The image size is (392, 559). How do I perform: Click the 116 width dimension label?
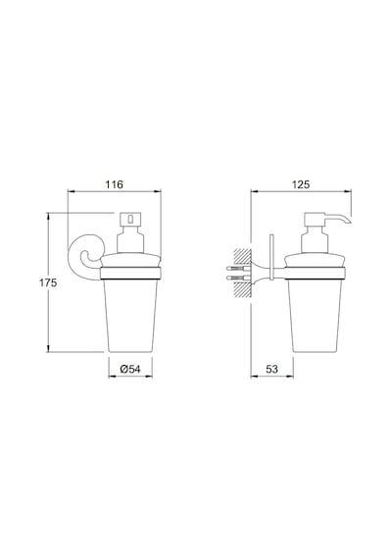[114, 184]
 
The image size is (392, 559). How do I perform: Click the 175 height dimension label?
[48, 282]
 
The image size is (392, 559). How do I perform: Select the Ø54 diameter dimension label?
[130, 369]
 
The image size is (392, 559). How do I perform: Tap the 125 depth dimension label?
[301, 184]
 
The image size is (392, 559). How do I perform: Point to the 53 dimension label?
[271, 369]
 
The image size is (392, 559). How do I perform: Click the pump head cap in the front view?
[130, 219]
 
